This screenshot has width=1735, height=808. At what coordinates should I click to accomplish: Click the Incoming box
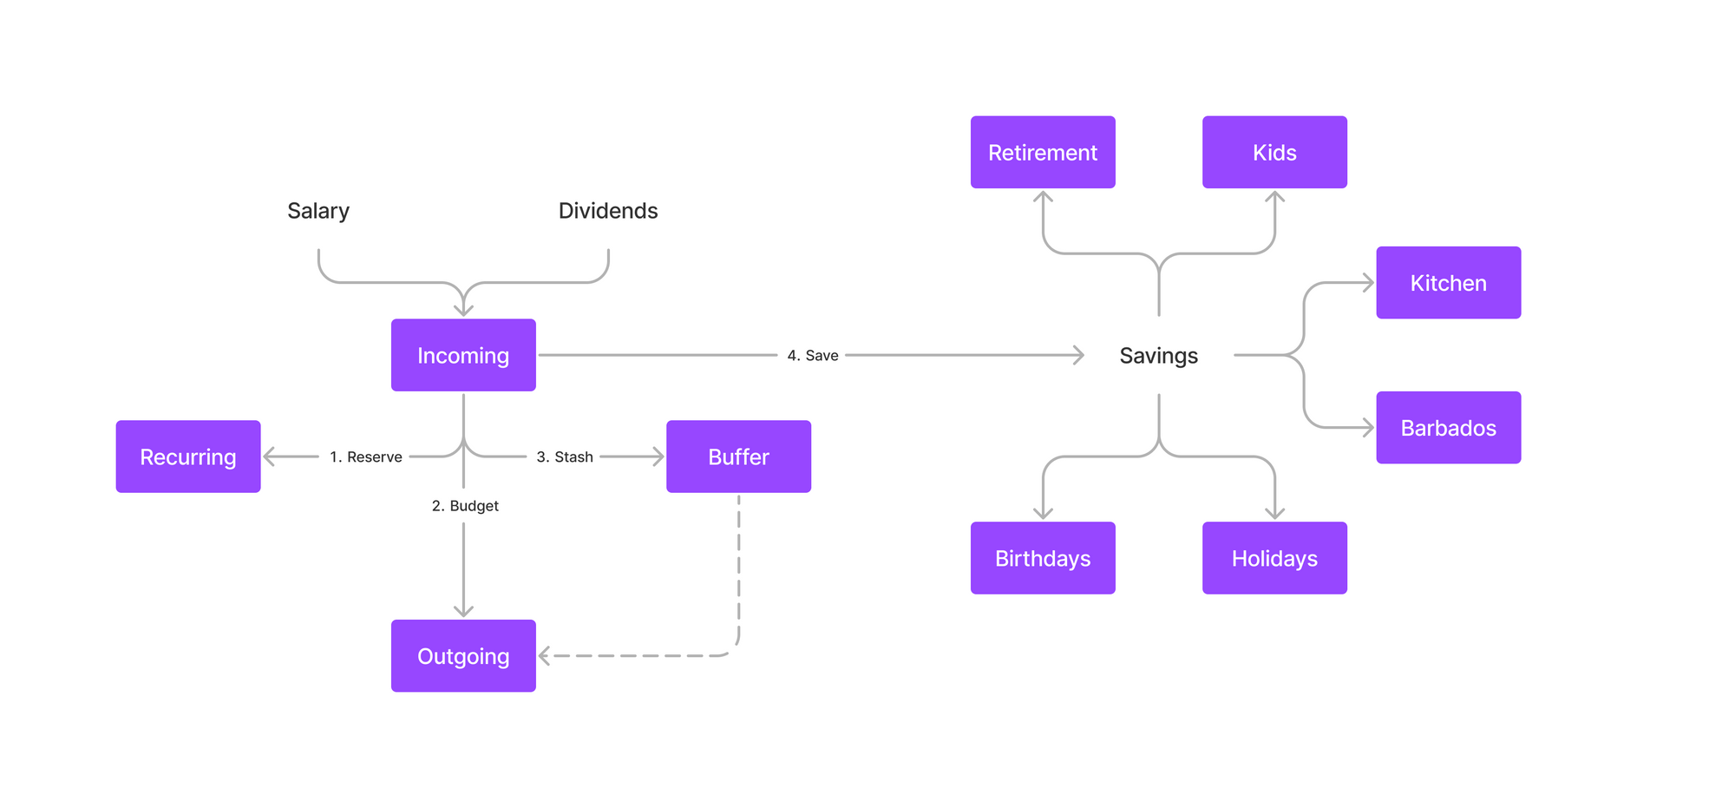[x=463, y=355]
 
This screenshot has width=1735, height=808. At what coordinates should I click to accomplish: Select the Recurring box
[x=188, y=457]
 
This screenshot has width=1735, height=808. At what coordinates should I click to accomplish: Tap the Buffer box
[x=738, y=457]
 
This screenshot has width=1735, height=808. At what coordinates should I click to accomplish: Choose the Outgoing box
[x=463, y=655]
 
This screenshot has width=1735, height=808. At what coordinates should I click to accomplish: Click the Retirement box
[x=1043, y=152]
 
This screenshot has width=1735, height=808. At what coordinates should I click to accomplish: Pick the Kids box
[x=1274, y=152]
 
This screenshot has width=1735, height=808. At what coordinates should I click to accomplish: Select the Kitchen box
[x=1448, y=283]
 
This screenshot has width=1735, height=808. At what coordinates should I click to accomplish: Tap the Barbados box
[x=1448, y=428]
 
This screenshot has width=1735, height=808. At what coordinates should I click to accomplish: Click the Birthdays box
[x=1043, y=558]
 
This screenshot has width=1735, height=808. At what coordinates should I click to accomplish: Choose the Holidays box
[x=1274, y=558]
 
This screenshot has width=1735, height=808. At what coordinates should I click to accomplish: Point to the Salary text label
[x=318, y=211]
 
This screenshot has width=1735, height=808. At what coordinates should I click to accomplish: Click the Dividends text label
[x=608, y=211]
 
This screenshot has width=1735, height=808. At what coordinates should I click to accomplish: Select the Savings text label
[x=1158, y=356]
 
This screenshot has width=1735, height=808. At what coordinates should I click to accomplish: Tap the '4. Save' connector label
[x=812, y=356]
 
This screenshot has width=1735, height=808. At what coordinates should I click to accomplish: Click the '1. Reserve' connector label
[x=365, y=457]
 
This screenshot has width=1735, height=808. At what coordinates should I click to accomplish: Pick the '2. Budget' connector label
[x=465, y=506]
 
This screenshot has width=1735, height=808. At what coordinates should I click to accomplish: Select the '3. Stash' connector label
[x=564, y=457]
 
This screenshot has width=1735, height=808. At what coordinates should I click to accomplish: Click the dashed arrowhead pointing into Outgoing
[x=544, y=656]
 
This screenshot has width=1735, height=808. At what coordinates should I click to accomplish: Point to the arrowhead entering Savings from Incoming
[x=1079, y=355]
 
